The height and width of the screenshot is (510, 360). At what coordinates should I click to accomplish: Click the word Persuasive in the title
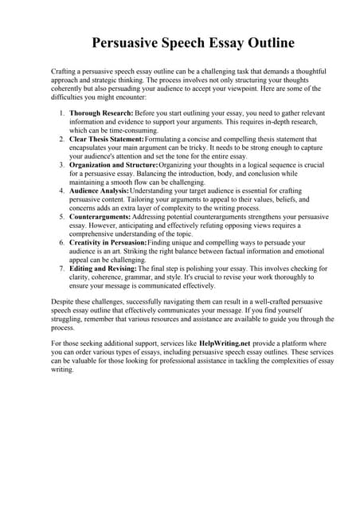pyautogui.click(x=123, y=41)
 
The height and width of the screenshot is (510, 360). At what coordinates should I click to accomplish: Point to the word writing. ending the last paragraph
pyautogui.click(x=63, y=370)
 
